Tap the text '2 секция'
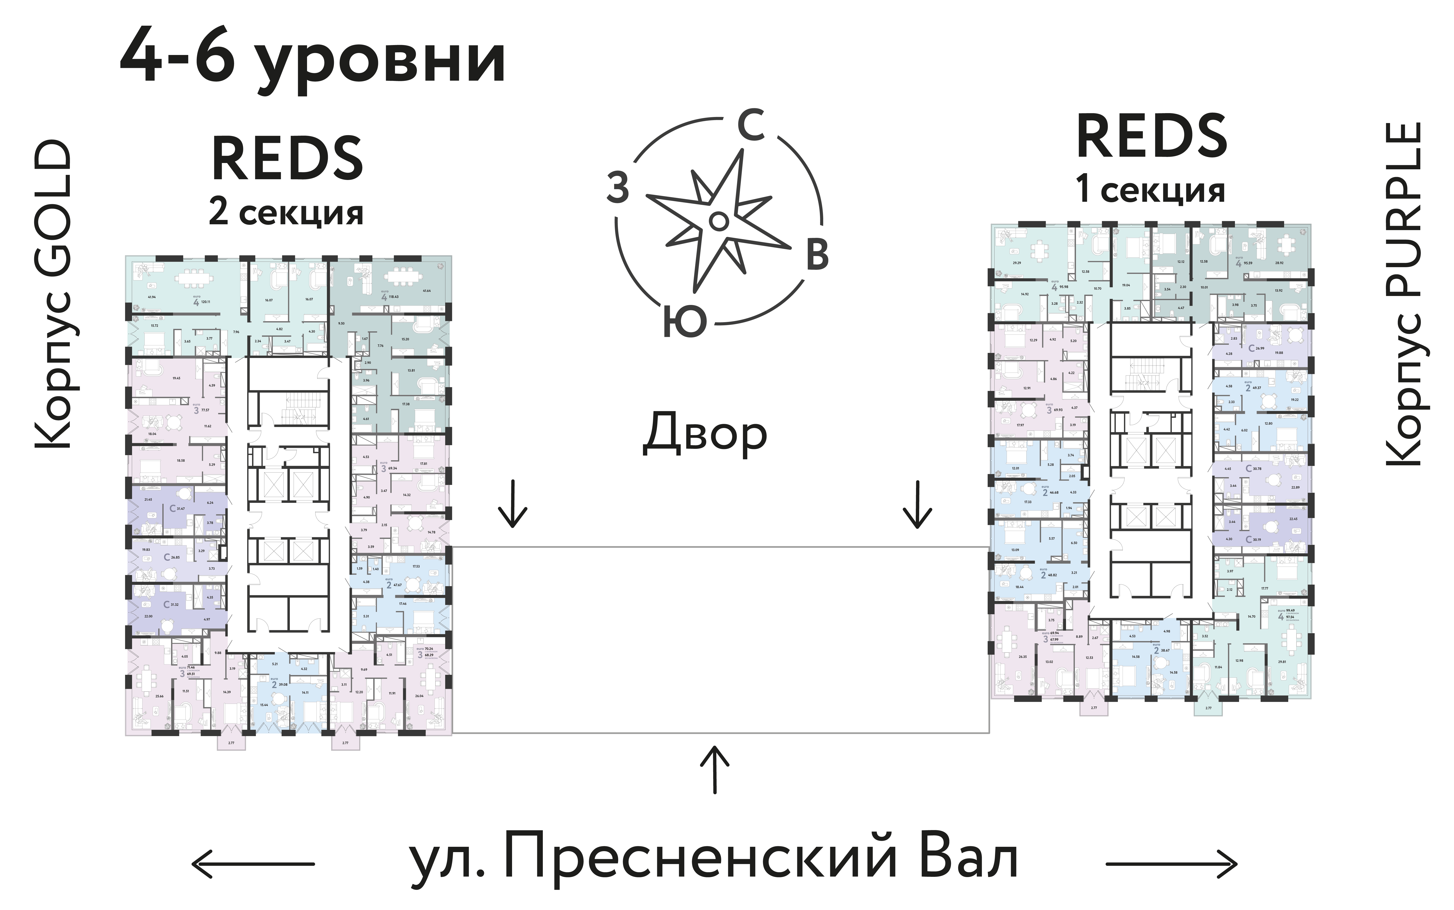(286, 213)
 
